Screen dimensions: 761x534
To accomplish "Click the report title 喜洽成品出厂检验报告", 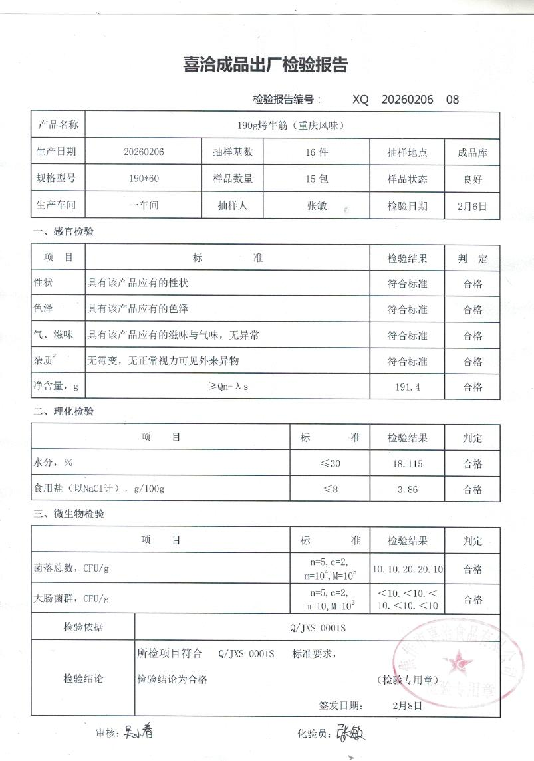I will click(x=265, y=66).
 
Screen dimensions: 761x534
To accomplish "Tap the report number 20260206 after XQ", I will click(x=407, y=100).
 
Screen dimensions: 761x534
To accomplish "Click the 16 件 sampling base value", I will click(x=316, y=152).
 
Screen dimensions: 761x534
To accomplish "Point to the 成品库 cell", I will click(x=472, y=152).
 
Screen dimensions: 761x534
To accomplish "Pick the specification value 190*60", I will click(x=144, y=178).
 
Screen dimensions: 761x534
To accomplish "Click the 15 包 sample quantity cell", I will click(x=316, y=178).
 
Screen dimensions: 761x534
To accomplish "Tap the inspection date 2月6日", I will click(x=472, y=205).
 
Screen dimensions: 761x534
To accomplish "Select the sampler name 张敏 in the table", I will click(x=316, y=205).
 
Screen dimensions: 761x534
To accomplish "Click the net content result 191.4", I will click(x=407, y=387).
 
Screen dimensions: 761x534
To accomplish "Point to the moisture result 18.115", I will click(x=407, y=463).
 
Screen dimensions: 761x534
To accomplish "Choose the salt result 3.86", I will click(x=407, y=489).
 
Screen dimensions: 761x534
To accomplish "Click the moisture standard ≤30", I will click(x=331, y=463).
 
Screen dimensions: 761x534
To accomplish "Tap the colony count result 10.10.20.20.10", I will click(x=407, y=569).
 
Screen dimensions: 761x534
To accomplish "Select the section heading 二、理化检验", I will click(x=64, y=411).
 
